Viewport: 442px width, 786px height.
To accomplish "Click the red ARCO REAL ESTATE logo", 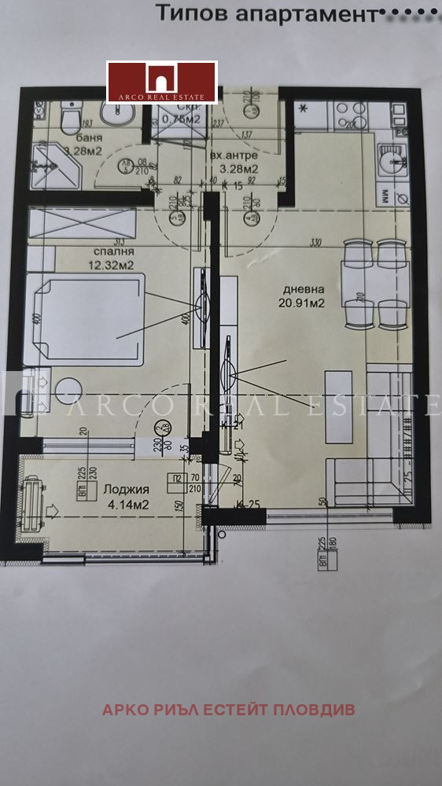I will [161, 82].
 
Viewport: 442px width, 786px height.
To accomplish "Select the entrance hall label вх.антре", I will [234, 156].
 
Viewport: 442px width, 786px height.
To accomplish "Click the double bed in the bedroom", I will [83, 318].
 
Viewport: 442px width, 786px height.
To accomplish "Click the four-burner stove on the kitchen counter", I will [347, 118].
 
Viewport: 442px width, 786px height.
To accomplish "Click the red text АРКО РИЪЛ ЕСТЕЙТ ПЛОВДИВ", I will [228, 710].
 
